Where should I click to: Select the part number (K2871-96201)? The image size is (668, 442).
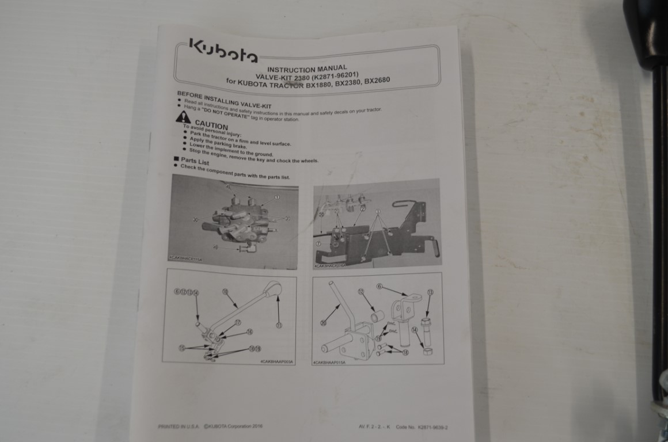click(x=335, y=75)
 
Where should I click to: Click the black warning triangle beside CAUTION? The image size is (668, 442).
click(x=183, y=117)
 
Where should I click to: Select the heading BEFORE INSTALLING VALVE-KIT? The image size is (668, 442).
click(x=224, y=100)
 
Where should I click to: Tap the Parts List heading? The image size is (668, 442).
click(x=195, y=161)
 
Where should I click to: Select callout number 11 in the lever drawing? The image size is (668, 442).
click(x=279, y=325)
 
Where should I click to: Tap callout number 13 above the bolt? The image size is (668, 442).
click(x=430, y=292)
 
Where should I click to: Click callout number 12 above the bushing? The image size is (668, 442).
click(x=361, y=292)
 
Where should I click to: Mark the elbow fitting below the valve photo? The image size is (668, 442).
click(x=246, y=248)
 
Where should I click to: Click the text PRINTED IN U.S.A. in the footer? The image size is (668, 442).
click(x=179, y=426)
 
